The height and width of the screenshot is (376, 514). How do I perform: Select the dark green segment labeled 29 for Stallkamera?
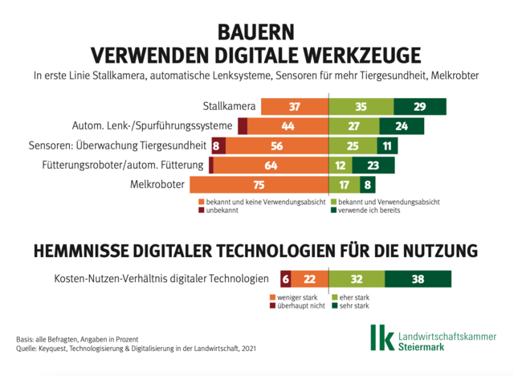pyautogui.click(x=420, y=107)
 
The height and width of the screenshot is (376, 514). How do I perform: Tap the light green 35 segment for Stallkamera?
pyautogui.click(x=361, y=107)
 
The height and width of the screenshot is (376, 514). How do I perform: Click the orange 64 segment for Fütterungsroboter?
pyautogui.click(x=271, y=165)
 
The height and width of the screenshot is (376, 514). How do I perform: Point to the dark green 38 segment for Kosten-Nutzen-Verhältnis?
pyautogui.click(x=417, y=279)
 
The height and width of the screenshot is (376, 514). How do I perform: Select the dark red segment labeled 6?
pyautogui.click(x=285, y=279)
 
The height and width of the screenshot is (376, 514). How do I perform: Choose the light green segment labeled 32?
pyautogui.click(x=357, y=279)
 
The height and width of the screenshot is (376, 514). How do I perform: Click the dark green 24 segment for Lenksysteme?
pyautogui.click(x=399, y=126)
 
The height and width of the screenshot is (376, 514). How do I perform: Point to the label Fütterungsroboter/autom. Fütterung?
pyautogui.click(x=123, y=166)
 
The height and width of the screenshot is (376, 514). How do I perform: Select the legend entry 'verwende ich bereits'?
pyautogui.click(x=371, y=210)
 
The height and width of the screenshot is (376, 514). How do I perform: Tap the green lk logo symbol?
pyautogui.click(x=381, y=337)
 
